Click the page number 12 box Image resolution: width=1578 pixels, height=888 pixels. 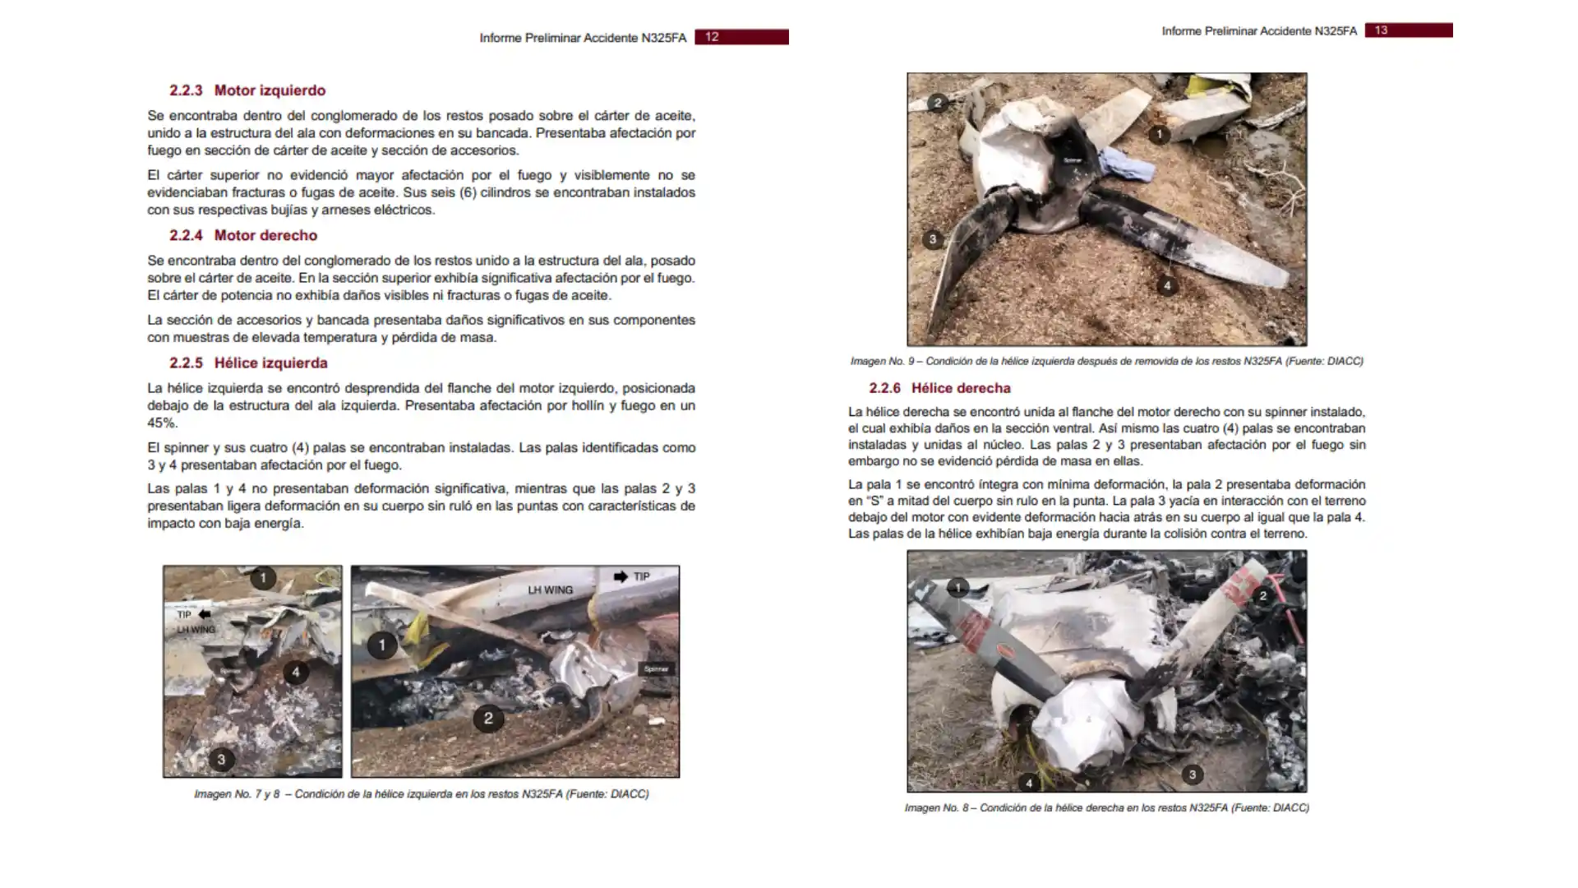741,37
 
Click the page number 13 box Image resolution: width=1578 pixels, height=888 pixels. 1408,30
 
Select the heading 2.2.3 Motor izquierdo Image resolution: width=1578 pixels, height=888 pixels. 247,90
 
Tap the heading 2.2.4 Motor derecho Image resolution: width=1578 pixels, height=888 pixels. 243,235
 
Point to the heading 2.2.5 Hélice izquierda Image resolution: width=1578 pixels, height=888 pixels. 248,363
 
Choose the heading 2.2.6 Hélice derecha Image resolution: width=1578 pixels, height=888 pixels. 939,388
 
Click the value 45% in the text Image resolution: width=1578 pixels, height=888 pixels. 162,423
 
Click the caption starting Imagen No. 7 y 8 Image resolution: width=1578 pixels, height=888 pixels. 421,794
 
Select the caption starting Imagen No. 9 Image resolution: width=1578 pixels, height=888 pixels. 1106,361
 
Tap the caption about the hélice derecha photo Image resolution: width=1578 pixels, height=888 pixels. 1106,808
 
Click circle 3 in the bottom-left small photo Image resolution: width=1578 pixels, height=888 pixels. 221,759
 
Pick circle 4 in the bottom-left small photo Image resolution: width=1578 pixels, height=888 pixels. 296,673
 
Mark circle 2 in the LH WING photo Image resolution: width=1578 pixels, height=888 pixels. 488,719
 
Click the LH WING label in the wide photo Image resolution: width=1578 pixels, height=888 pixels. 550,590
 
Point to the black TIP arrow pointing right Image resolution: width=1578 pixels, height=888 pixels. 621,576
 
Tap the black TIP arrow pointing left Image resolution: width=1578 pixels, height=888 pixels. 205,614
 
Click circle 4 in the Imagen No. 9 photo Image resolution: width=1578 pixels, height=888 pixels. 1167,286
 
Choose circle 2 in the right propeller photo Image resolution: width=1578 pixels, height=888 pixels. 1263,595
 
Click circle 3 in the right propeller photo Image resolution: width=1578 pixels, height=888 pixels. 1193,774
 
